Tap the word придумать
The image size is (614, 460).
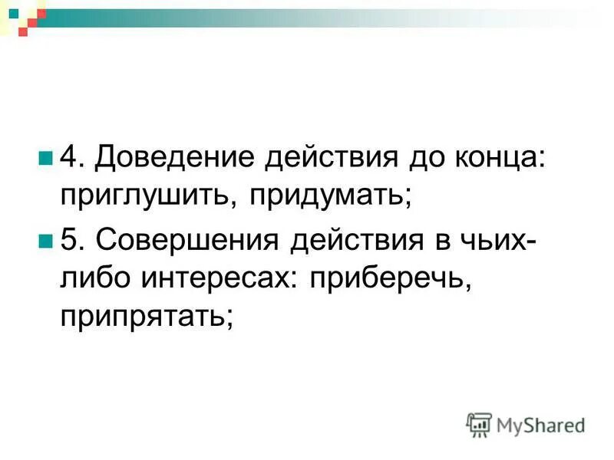click(331, 196)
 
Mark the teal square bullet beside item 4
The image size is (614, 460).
click(45, 158)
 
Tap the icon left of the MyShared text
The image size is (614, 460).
click(480, 425)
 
